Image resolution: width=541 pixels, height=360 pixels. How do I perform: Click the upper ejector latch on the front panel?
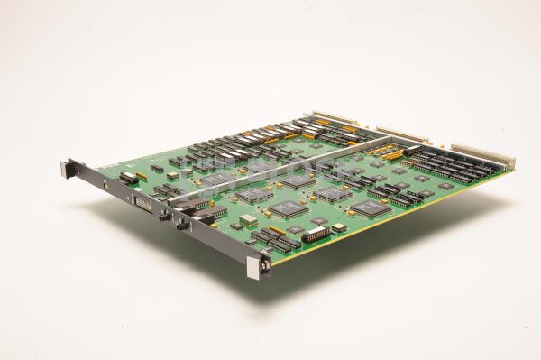pos(67,168)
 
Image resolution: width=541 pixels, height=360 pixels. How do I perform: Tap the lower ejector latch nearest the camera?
pos(265,266)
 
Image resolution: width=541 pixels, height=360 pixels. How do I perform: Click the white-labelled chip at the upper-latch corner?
pos(129,178)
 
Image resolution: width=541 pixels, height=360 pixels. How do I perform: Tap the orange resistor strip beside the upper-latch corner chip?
pos(142,172)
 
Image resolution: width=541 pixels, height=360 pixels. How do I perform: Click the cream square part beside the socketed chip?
pos(338,228)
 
